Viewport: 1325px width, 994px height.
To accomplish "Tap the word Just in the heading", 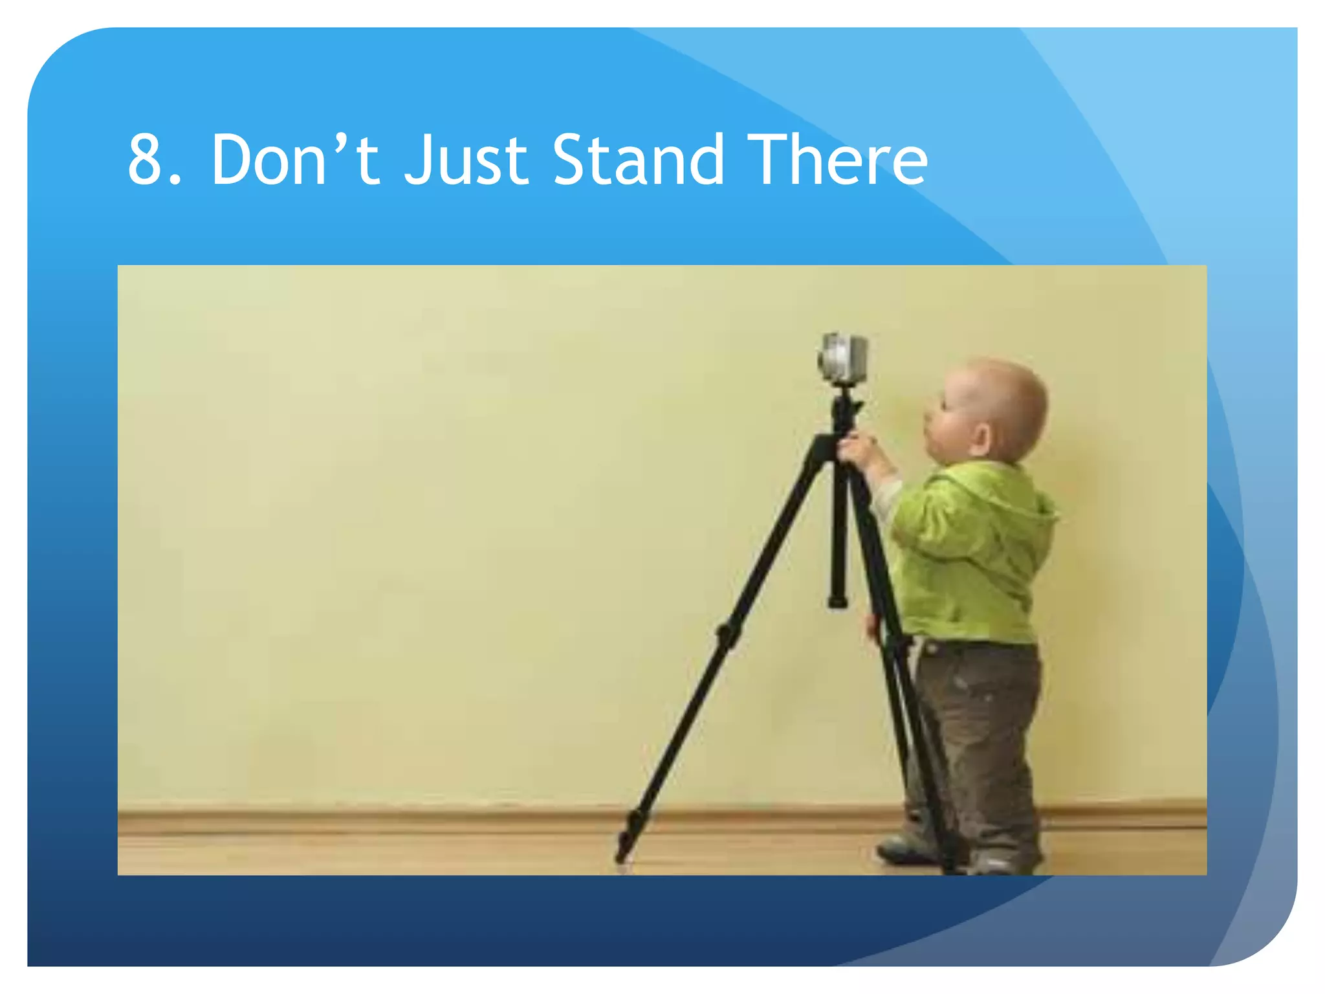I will (466, 160).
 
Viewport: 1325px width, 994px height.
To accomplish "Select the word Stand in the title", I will (638, 160).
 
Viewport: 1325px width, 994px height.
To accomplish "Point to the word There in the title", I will (840, 160).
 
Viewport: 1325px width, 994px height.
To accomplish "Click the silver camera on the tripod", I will (842, 358).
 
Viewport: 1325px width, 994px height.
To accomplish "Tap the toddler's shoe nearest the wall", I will (903, 849).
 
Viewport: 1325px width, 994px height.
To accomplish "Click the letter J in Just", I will (420, 160).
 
